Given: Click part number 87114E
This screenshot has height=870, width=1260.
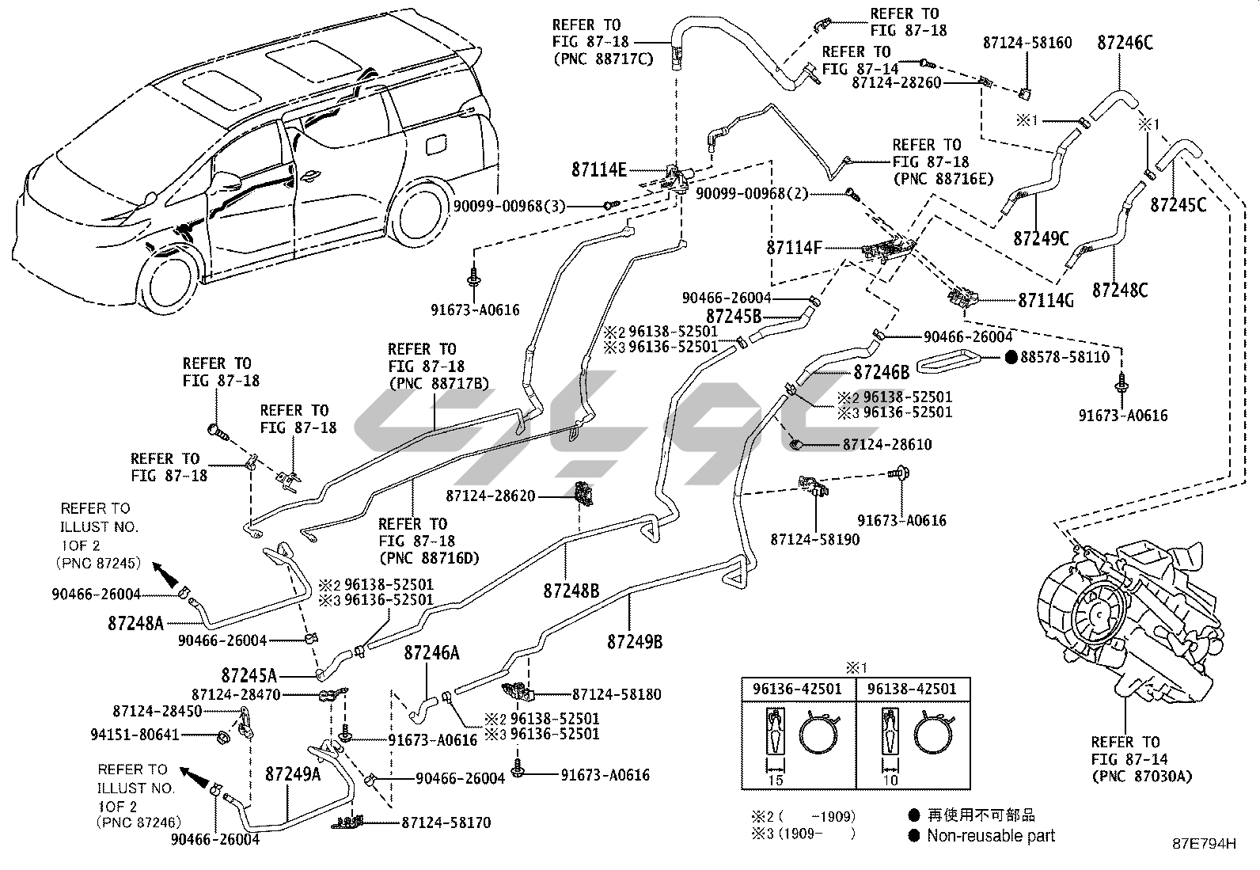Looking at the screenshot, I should tap(599, 169).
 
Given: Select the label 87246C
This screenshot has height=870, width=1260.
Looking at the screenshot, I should tap(1125, 43).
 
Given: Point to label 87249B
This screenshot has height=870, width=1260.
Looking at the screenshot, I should tap(635, 640).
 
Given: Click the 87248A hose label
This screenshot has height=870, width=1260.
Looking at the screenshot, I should tap(136, 623).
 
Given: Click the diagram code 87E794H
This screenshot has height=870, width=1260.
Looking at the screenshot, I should tap(1204, 845).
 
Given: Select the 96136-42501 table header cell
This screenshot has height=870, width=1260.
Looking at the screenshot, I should tap(798, 689).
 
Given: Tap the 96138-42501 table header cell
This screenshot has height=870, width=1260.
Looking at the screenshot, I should tap(912, 689).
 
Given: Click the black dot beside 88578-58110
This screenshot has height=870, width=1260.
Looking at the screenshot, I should tap(1011, 357).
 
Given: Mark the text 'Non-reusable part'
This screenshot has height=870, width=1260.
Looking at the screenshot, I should tap(991, 835).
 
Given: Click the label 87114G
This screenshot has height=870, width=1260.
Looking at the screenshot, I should tap(1046, 300).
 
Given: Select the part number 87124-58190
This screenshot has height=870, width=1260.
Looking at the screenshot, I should tap(814, 539).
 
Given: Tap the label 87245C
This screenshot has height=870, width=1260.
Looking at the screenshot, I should tap(1178, 204).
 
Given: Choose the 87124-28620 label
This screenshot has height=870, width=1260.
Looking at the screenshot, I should tap(490, 496).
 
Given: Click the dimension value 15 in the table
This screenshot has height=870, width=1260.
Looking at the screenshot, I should tap(776, 780).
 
